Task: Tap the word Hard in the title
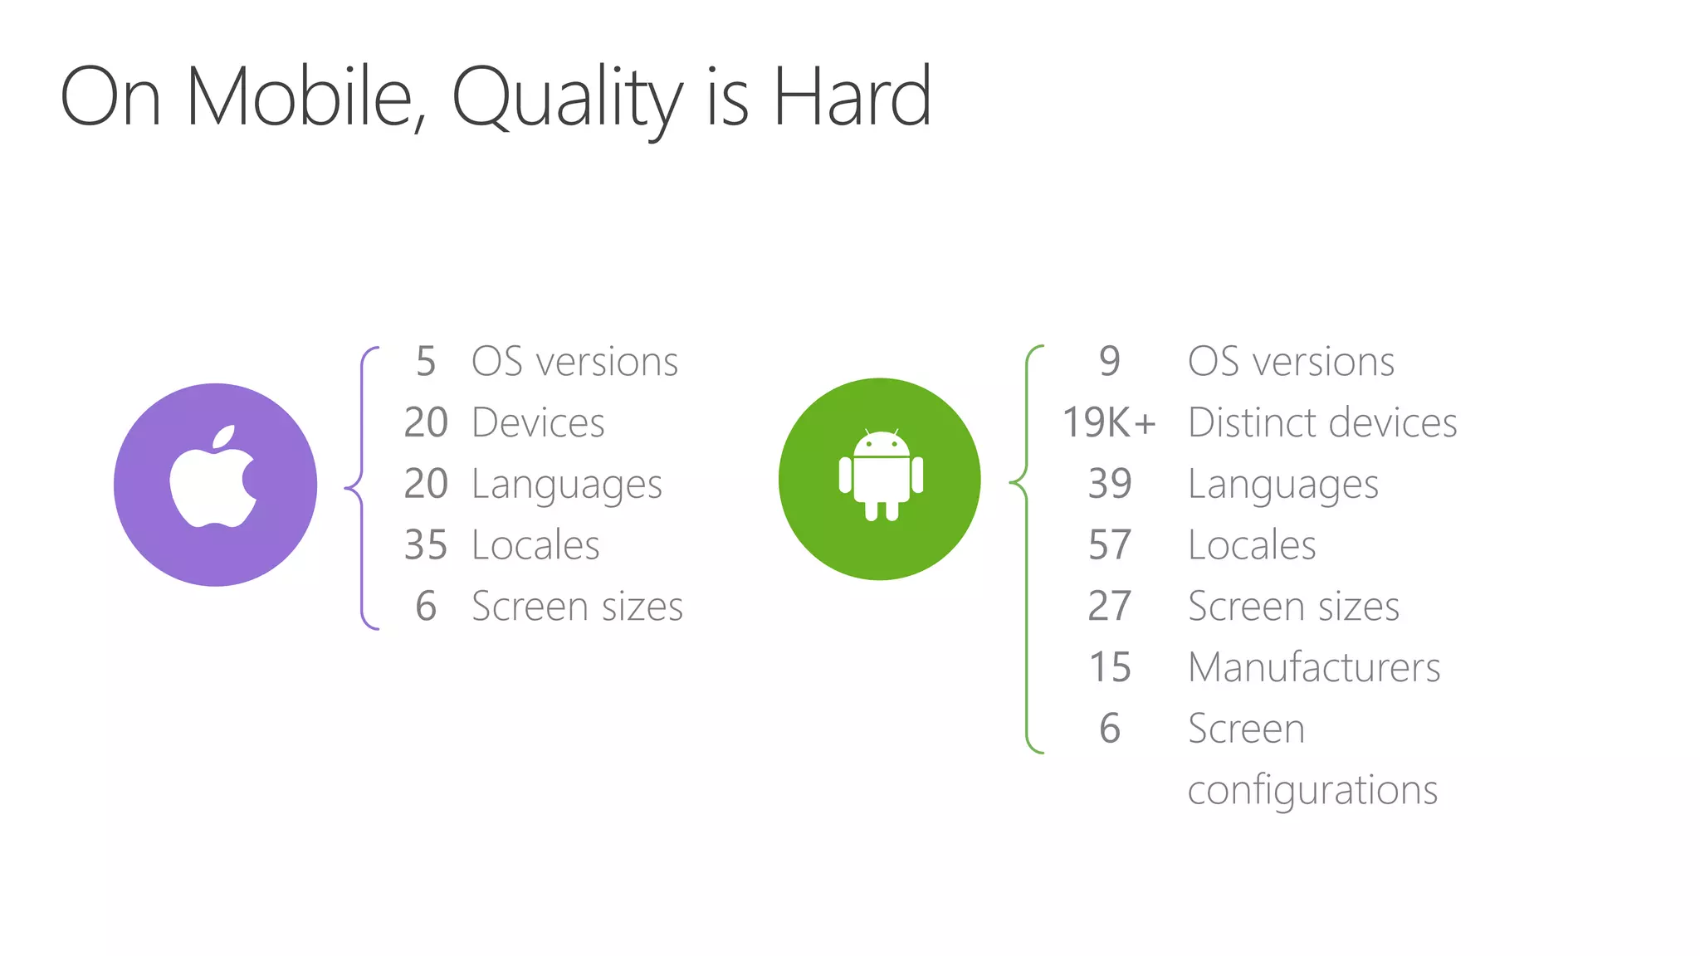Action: point(852,97)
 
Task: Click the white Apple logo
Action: point(214,479)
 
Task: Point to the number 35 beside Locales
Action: point(426,545)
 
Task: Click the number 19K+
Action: point(1109,422)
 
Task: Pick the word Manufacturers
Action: point(1314,667)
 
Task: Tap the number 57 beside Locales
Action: point(1110,545)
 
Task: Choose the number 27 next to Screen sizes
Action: point(1110,607)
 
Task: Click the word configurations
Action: point(1312,790)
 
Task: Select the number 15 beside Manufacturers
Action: point(1110,667)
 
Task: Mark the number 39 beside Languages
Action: point(1110,484)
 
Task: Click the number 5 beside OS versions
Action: point(426,362)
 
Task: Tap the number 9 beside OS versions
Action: point(1110,361)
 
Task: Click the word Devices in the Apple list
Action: point(538,422)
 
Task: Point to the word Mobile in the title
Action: point(300,97)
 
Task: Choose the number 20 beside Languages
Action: point(426,484)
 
